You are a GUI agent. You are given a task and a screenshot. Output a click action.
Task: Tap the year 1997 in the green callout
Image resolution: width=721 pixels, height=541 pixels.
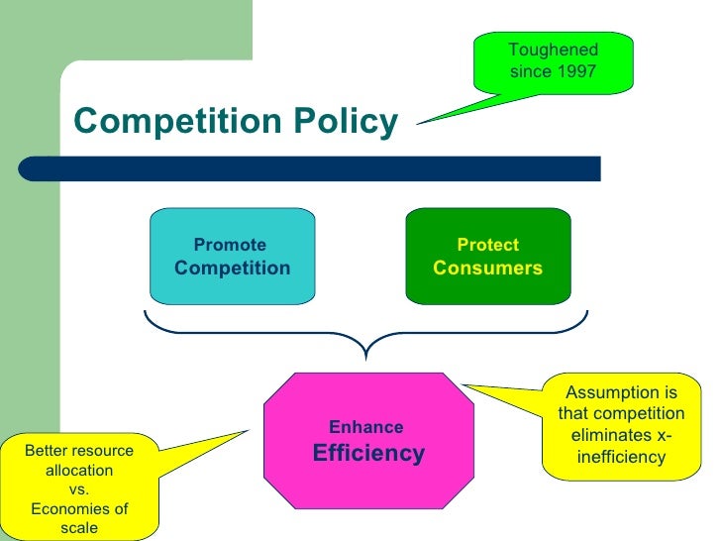click(576, 71)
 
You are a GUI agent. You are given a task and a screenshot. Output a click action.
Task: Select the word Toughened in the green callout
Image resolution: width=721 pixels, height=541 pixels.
click(554, 50)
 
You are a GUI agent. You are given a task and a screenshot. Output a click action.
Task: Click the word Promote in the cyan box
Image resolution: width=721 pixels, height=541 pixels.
click(230, 245)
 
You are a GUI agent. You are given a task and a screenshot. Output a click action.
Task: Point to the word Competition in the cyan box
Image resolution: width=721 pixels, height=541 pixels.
click(232, 268)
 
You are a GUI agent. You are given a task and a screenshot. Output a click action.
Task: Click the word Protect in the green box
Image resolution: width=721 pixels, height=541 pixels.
click(487, 245)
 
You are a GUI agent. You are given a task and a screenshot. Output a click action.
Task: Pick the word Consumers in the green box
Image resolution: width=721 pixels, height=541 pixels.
click(488, 268)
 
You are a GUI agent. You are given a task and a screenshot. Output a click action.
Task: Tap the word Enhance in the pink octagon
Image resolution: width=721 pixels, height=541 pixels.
click(365, 427)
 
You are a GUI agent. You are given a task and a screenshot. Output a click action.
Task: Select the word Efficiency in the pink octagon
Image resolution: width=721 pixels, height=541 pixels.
click(368, 454)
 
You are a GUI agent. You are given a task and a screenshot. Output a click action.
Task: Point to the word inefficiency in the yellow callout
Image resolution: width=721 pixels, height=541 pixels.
click(621, 458)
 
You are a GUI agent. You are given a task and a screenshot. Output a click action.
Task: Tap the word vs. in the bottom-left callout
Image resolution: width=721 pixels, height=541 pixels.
click(79, 489)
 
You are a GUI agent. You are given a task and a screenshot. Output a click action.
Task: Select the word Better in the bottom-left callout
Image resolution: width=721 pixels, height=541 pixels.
click(48, 450)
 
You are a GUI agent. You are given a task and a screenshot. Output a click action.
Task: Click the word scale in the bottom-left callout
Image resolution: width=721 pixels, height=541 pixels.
click(79, 528)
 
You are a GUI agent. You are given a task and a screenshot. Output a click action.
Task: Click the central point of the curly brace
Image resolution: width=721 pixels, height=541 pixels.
click(366, 349)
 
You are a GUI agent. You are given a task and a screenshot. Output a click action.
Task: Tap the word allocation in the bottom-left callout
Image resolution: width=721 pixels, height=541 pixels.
click(79, 470)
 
